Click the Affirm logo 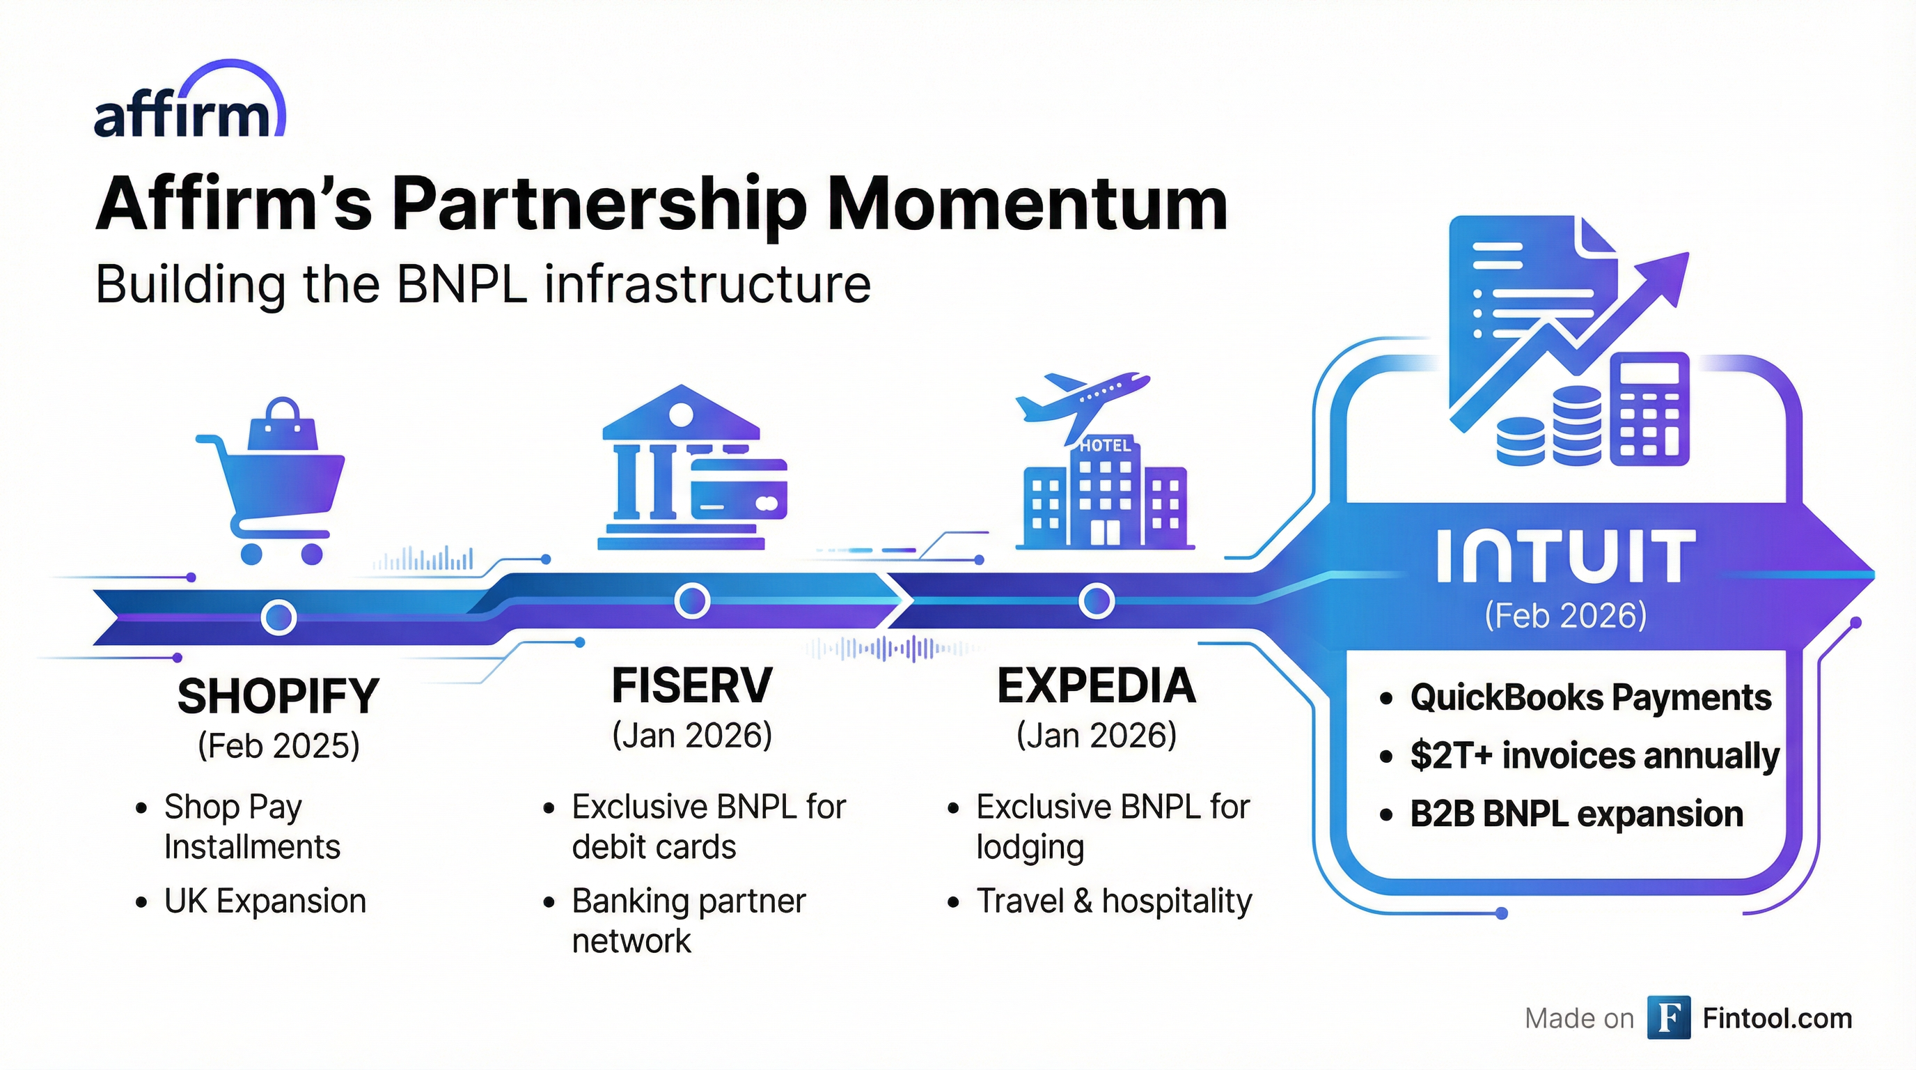pyautogui.click(x=189, y=104)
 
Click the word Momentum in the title pyautogui.click(x=1026, y=205)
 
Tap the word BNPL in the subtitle pyautogui.click(x=461, y=284)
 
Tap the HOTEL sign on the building pyautogui.click(x=1104, y=446)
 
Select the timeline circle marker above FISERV pyautogui.click(x=692, y=600)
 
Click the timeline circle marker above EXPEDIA pyautogui.click(x=1097, y=600)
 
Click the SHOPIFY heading pyautogui.click(x=278, y=697)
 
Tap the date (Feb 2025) pyautogui.click(x=278, y=745)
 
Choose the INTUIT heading pyautogui.click(x=1566, y=557)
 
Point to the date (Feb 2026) pyautogui.click(x=1566, y=615)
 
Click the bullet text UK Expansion pyautogui.click(x=265, y=901)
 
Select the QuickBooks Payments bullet pyautogui.click(x=1590, y=698)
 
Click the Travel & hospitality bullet pyautogui.click(x=1113, y=901)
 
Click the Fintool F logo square pyautogui.click(x=1668, y=1017)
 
